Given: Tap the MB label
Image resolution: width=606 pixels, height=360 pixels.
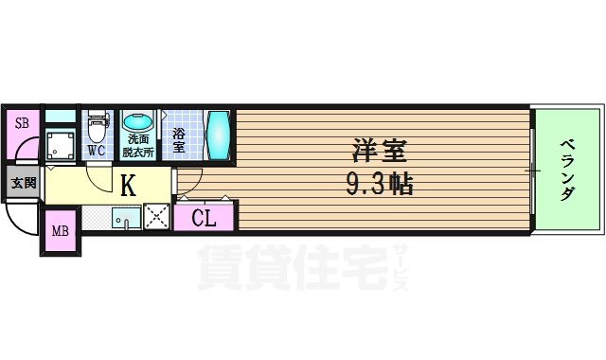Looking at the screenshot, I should click(60, 230).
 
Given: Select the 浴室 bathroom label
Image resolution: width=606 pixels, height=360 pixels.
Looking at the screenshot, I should click(179, 139).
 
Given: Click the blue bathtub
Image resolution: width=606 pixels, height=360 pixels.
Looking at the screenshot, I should click(218, 135).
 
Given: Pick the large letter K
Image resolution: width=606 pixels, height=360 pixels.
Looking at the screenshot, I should click(128, 185).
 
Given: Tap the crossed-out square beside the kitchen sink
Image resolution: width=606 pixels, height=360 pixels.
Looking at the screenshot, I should click(155, 216).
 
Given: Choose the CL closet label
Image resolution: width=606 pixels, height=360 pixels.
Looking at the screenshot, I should click(204, 218).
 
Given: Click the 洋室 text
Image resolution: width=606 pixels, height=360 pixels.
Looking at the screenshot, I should click(379, 151).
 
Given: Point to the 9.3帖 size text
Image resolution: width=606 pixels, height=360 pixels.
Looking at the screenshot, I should click(378, 183).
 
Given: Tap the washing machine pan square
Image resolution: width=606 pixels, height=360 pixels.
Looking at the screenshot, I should click(62, 144).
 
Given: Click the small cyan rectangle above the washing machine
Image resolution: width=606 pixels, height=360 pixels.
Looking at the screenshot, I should click(60, 117).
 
